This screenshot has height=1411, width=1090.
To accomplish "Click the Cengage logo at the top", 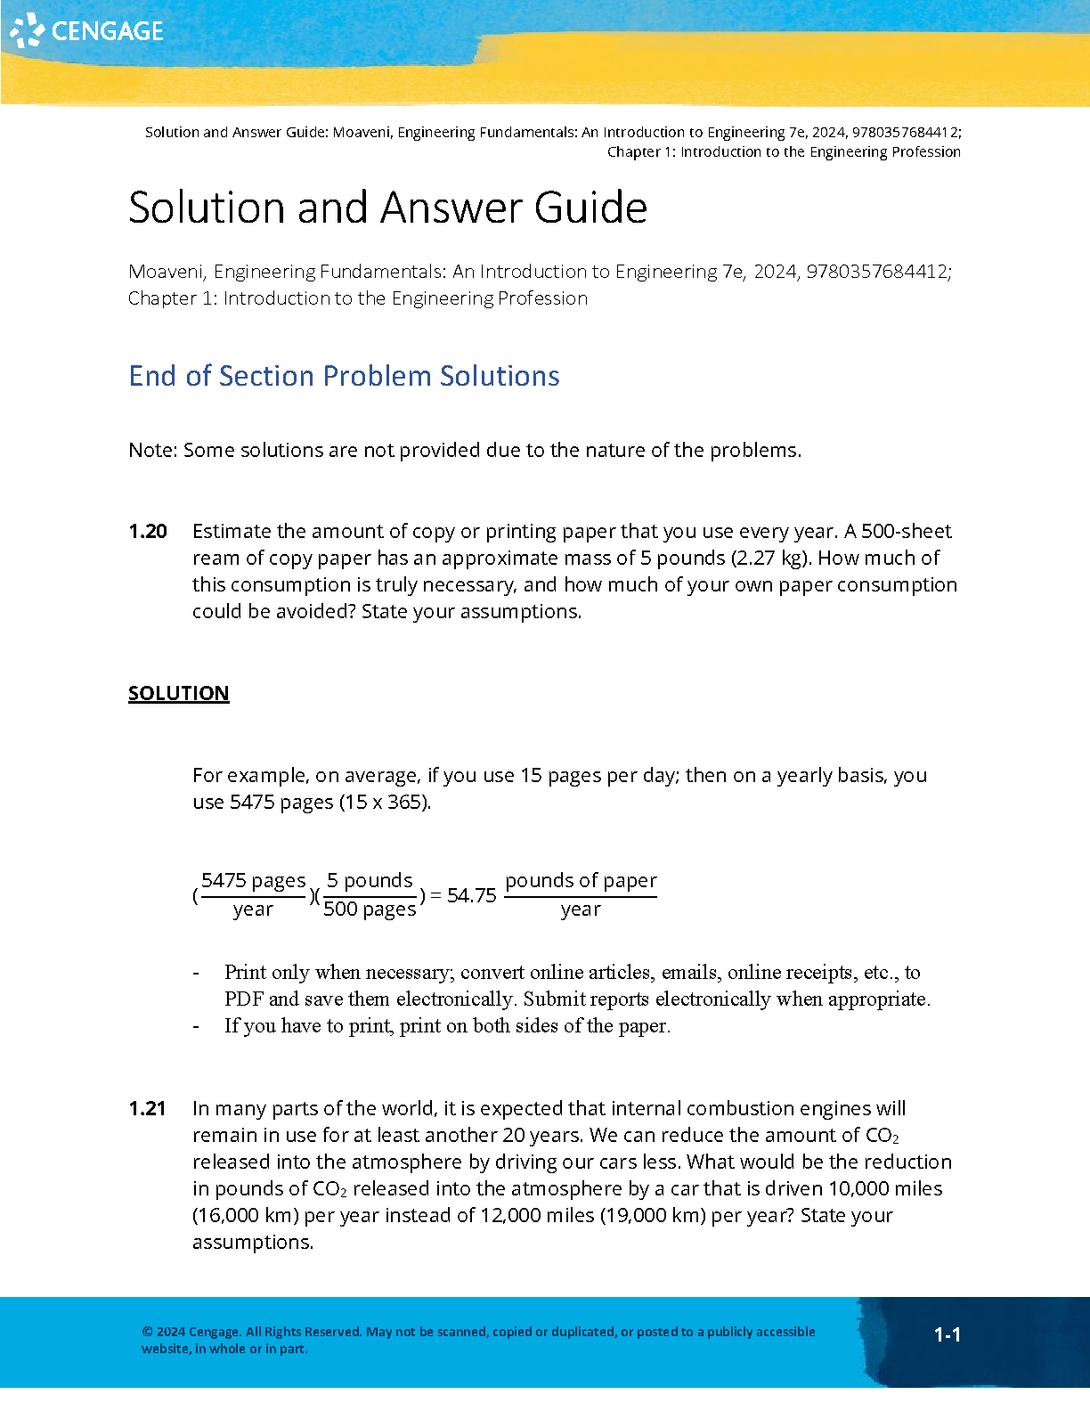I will [87, 31].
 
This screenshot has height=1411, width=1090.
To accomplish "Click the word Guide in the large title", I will [590, 208].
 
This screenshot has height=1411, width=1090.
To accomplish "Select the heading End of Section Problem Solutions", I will [344, 376].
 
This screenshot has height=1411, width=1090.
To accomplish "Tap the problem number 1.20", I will [148, 532].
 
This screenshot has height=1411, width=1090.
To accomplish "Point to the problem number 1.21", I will [147, 1109].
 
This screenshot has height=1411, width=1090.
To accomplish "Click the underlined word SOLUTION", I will [178, 694].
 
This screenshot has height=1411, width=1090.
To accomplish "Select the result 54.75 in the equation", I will [471, 896].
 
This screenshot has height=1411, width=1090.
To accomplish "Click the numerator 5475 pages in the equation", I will [253, 881].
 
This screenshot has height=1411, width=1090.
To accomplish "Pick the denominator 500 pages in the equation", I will [370, 909].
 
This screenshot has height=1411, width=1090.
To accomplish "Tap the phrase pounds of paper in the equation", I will [581, 881].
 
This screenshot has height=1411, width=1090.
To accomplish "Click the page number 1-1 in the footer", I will [947, 1334].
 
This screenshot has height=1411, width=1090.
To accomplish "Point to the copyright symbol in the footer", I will [147, 1333].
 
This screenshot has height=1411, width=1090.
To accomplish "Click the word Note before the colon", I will [150, 451].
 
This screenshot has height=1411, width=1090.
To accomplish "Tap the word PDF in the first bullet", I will [243, 999].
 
